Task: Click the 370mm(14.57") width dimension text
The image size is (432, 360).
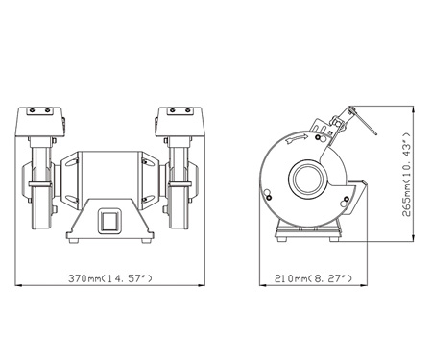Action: (108, 278)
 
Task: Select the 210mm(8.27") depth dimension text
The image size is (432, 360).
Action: (315, 278)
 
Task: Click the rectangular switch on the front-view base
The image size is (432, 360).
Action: (108, 222)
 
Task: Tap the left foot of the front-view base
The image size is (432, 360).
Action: (70, 236)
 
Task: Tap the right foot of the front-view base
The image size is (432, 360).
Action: (145, 236)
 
